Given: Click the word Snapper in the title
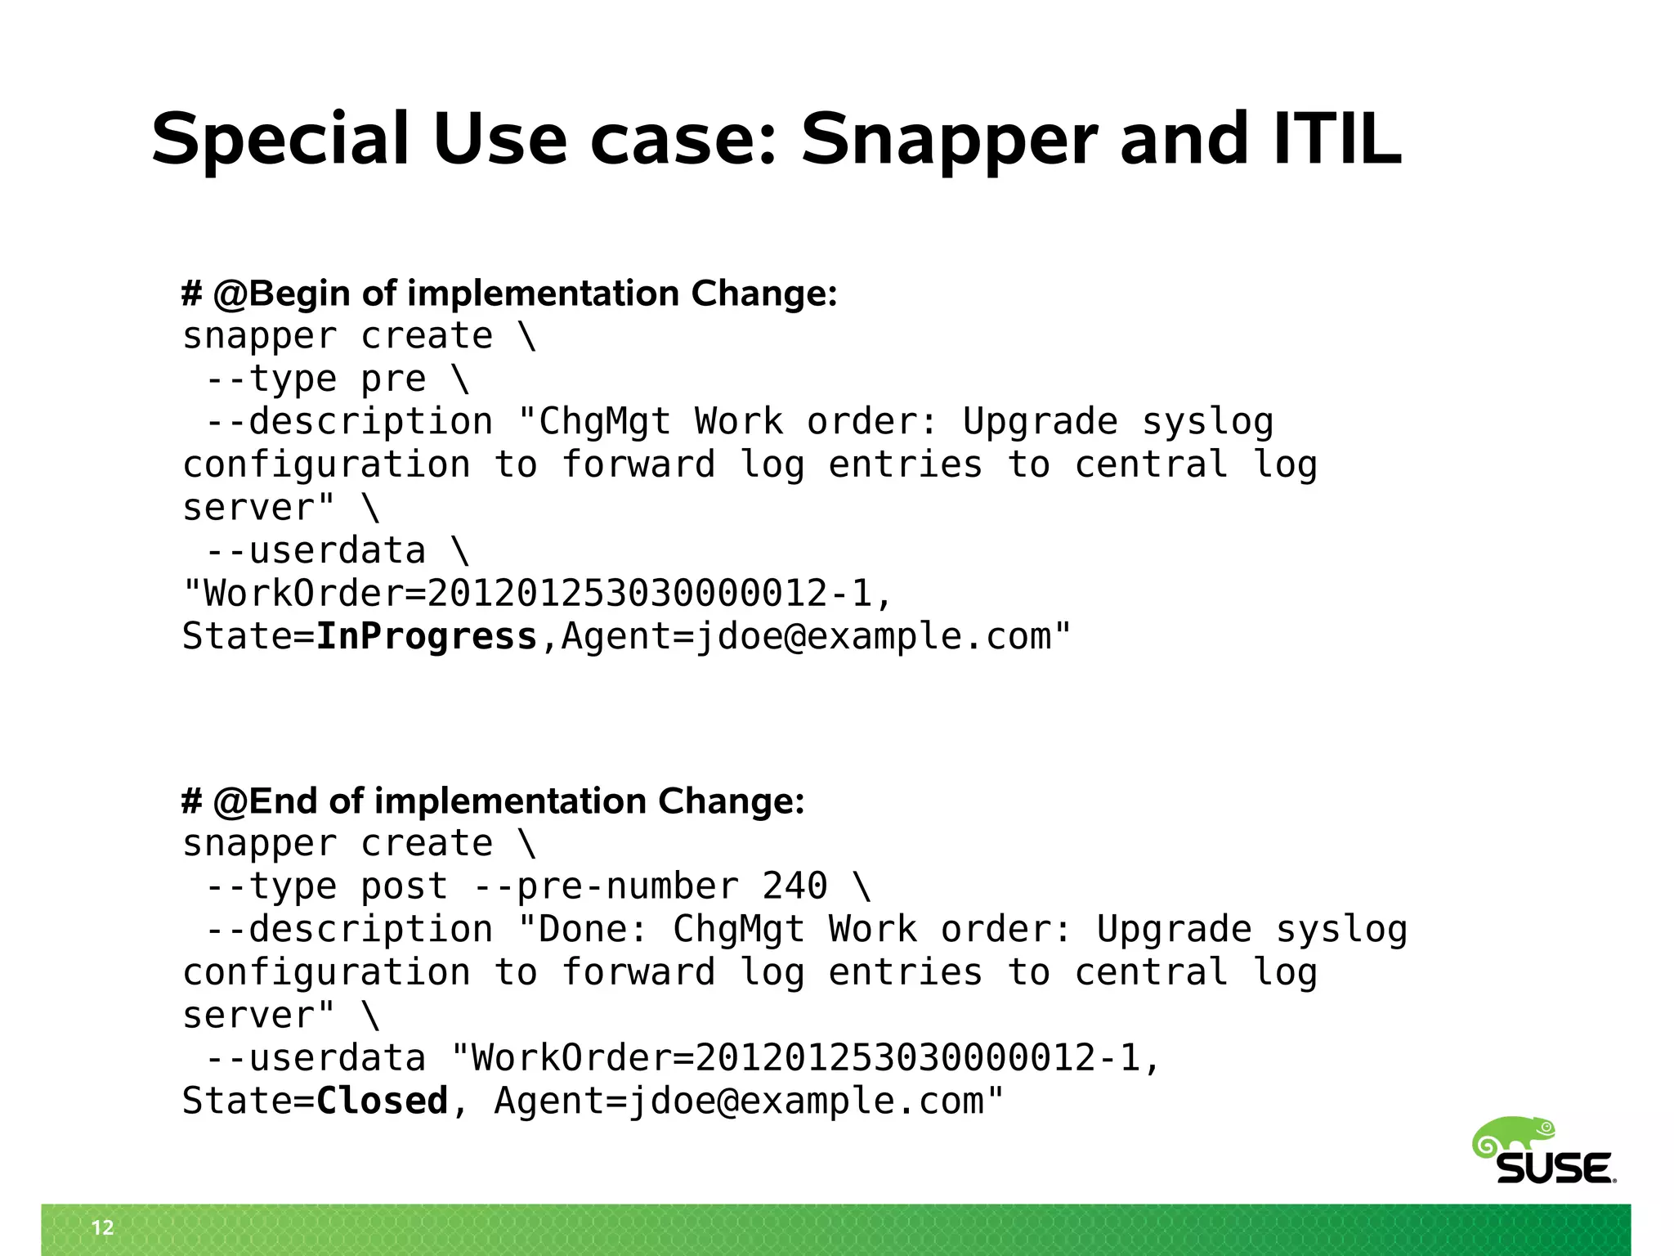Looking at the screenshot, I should coord(949,141).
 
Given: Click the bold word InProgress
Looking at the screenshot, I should coord(426,636).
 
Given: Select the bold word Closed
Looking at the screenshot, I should coord(382,1101).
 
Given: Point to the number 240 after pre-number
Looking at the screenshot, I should coord(794,886).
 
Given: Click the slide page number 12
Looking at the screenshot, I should coord(103,1227).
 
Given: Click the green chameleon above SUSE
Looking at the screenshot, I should coord(1514,1135).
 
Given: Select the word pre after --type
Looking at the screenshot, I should coord(393,379).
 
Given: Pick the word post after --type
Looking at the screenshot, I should coord(404,886).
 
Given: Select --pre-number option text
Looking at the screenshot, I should coord(606,886).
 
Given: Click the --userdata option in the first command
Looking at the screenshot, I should coord(316,551).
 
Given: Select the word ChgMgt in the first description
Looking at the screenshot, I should coord(605,422).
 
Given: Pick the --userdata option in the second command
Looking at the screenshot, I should coord(316,1058).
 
